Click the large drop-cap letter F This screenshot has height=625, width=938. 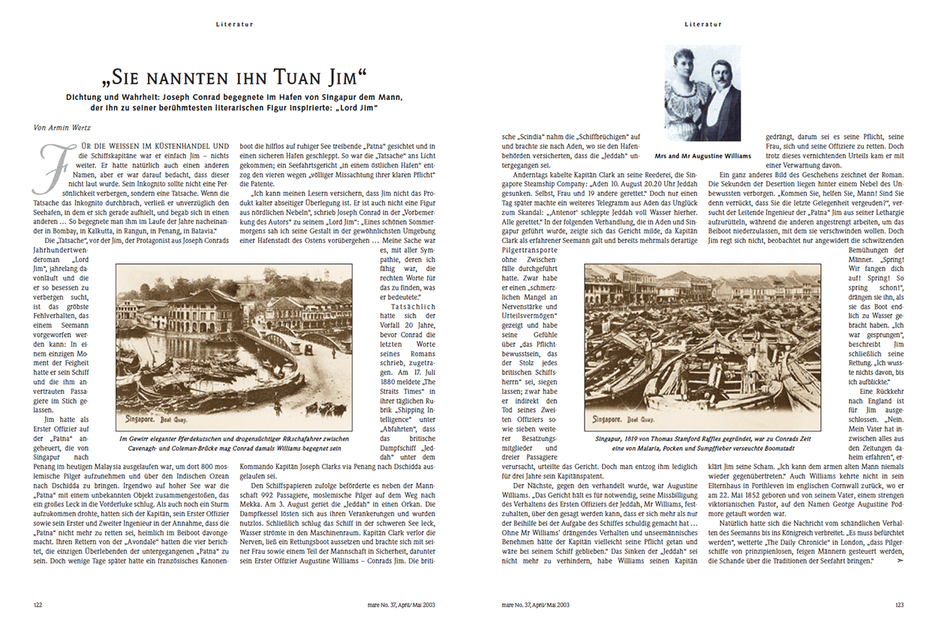(x=49, y=161)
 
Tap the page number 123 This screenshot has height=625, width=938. (x=898, y=603)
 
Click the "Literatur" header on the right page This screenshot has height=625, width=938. (x=703, y=24)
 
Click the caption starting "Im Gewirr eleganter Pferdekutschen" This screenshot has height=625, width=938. (x=234, y=443)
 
